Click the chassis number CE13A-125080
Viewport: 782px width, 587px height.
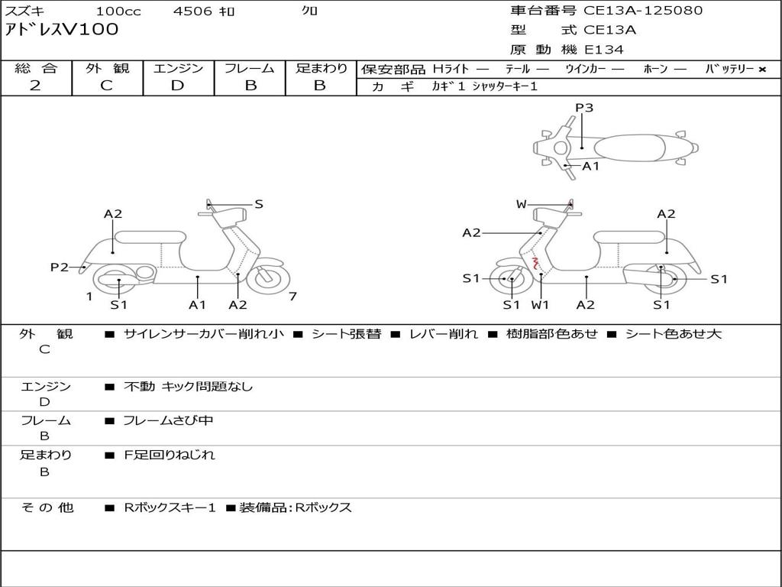[643, 11]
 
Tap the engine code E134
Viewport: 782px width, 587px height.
[604, 50]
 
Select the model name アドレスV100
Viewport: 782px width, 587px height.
[62, 30]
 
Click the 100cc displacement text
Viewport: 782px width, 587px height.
[118, 11]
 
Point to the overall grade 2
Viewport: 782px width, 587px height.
[35, 86]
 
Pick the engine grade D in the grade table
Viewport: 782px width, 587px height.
[177, 86]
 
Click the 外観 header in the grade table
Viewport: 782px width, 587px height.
[107, 68]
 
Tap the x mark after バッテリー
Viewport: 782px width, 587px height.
[762, 70]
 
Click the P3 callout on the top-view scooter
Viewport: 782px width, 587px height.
[584, 107]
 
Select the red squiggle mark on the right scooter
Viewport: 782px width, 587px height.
[536, 263]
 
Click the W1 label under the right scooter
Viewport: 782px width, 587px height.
[540, 304]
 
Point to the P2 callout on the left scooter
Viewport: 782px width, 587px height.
[60, 267]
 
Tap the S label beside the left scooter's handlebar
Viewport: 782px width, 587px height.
[258, 204]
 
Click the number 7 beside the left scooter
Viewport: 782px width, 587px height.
[292, 297]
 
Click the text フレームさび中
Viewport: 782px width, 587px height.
[168, 421]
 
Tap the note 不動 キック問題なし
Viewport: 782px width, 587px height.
[188, 387]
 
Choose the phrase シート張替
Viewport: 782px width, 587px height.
[347, 334]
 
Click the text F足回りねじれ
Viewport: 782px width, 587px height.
[170, 455]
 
